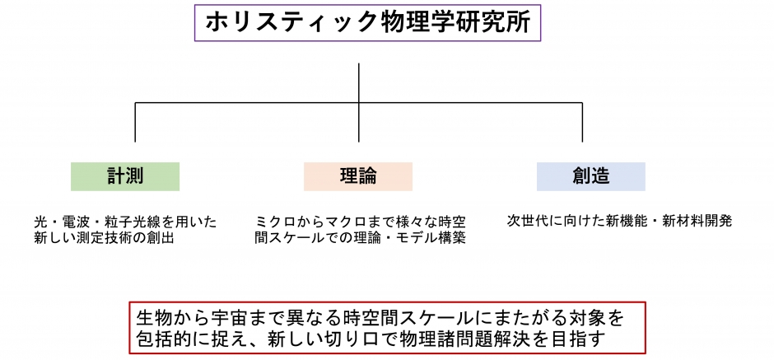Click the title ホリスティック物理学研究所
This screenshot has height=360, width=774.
click(x=368, y=23)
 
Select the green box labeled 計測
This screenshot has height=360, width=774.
click(x=125, y=176)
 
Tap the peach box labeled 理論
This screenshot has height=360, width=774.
click(x=358, y=176)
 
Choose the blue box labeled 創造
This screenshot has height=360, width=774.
click(x=591, y=176)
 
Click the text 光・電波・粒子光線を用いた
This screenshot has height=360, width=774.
click(x=125, y=222)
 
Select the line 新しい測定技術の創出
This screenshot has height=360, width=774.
click(x=104, y=238)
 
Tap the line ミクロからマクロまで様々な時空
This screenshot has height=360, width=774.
click(x=361, y=222)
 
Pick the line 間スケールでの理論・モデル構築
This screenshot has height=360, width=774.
click(x=361, y=238)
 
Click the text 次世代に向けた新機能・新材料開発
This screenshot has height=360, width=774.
click(x=619, y=221)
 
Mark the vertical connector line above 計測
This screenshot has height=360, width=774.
click(x=135, y=123)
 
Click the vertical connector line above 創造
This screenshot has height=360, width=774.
click(x=582, y=123)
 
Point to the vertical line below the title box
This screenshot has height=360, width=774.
click(x=359, y=102)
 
